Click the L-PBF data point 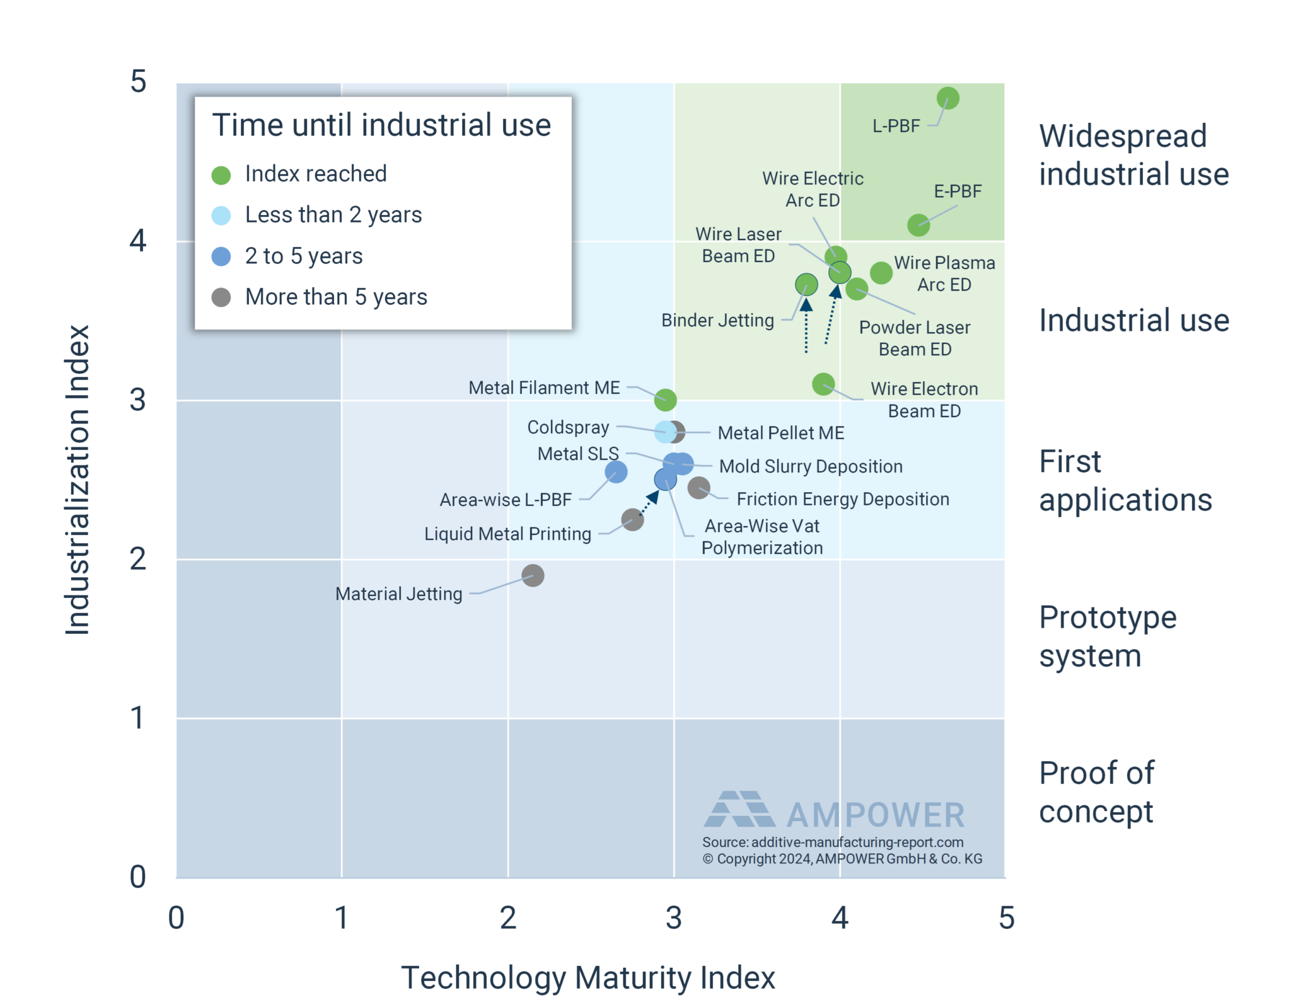(x=947, y=98)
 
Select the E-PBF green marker (x=918, y=225)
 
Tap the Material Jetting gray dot (x=533, y=575)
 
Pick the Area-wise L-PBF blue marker (x=616, y=471)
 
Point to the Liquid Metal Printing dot (x=632, y=520)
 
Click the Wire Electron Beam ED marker (x=823, y=384)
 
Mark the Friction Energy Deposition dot (x=698, y=487)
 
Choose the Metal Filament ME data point (x=665, y=399)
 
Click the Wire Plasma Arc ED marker (x=881, y=273)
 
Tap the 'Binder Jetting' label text (x=717, y=320)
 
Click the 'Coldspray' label (x=568, y=427)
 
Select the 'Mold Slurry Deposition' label (x=811, y=466)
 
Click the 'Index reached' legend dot (x=221, y=175)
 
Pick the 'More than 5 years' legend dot (x=221, y=297)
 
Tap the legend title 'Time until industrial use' (x=381, y=125)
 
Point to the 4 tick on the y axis (x=137, y=241)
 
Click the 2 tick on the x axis (x=508, y=918)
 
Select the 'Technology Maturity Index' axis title (x=588, y=977)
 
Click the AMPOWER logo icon (x=739, y=809)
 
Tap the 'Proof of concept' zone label (x=1097, y=792)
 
